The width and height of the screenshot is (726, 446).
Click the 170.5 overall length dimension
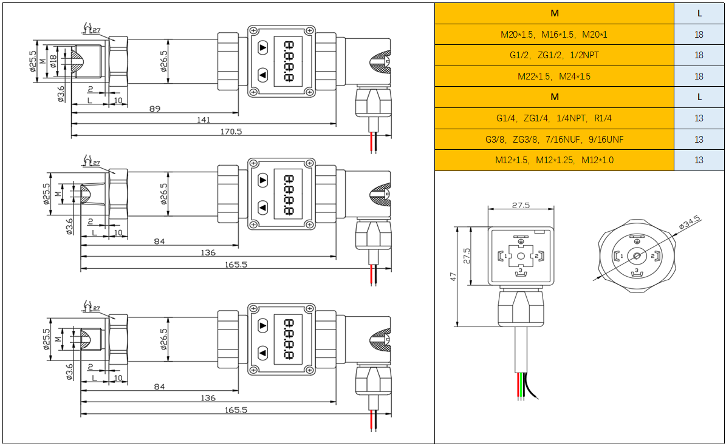[x=233, y=131]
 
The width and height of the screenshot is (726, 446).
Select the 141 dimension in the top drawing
[x=204, y=120]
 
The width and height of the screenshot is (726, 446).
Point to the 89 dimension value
[x=155, y=109]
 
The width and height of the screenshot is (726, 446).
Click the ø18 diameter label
[x=53, y=61]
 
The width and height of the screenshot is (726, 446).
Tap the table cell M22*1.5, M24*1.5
[x=554, y=76]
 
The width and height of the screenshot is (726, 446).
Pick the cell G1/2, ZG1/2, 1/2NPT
[x=554, y=55]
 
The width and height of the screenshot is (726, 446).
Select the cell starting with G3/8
[x=554, y=140]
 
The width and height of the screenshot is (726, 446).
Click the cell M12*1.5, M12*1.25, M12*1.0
[x=554, y=160]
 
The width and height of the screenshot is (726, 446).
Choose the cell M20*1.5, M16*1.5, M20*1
[x=554, y=35]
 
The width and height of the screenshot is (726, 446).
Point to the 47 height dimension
[x=453, y=276]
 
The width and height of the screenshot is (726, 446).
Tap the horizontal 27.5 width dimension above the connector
[x=521, y=205]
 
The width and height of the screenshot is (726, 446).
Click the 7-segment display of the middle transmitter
[x=289, y=195]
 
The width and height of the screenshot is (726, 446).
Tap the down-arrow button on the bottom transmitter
[x=262, y=353]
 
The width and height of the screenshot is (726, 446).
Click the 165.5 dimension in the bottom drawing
[x=236, y=410]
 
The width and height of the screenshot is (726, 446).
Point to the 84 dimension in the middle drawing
[x=159, y=242]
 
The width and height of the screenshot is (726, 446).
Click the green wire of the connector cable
[x=521, y=385]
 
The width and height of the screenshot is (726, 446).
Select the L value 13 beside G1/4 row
[x=699, y=118]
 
